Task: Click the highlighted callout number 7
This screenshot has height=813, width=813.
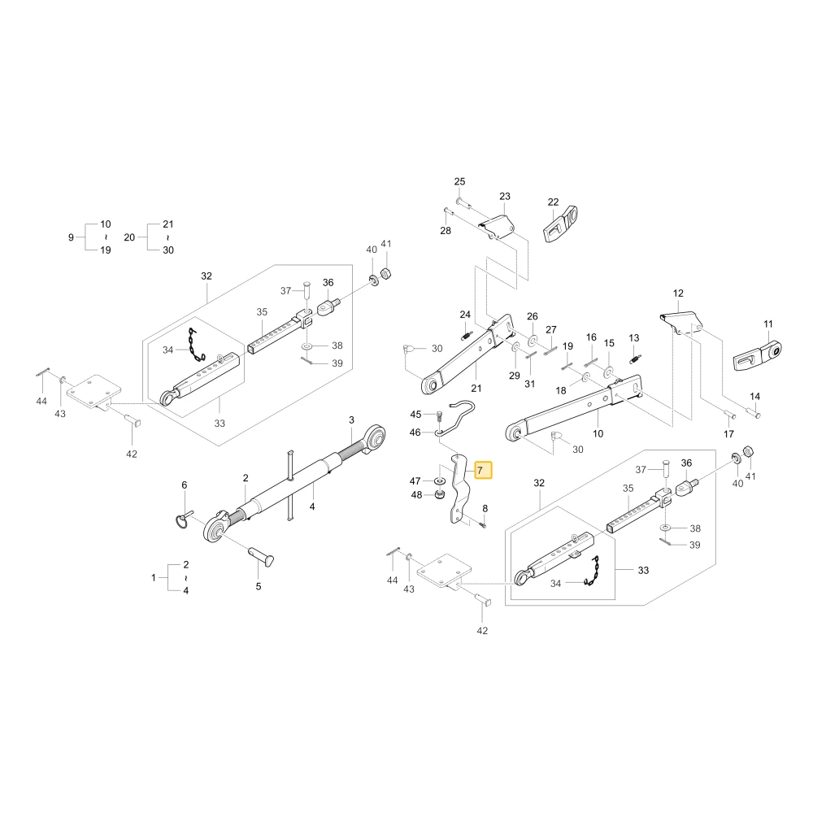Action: coord(480,471)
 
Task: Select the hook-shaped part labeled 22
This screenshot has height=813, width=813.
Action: coord(560,224)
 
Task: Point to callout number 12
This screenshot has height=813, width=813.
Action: coord(678,293)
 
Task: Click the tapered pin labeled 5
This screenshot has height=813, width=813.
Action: coord(261,557)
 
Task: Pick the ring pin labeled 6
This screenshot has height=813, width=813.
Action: coord(181,520)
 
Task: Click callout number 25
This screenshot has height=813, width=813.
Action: coord(460,181)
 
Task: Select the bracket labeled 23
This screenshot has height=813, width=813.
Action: coord(498,227)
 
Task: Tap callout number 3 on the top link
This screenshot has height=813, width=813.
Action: coord(351,420)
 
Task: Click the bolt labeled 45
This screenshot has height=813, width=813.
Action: coord(440,415)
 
